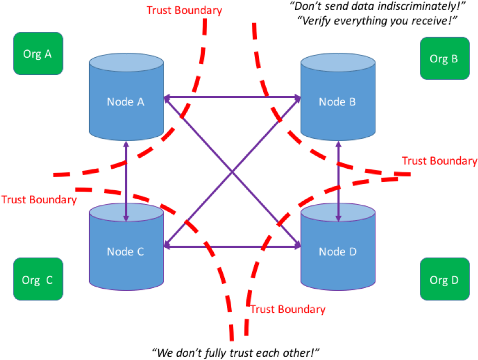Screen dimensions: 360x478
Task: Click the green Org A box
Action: (38, 53)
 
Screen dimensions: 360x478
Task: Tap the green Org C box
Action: (38, 279)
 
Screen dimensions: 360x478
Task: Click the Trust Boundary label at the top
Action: (184, 10)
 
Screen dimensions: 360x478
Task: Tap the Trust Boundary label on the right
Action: (439, 161)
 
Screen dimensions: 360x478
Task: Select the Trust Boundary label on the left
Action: (39, 200)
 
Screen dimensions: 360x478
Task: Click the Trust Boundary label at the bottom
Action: (288, 309)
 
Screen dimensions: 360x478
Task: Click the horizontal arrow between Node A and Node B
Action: (232, 97)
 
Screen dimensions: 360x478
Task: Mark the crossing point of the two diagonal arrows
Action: (232, 171)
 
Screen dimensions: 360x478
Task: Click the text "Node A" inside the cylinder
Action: (126, 102)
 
